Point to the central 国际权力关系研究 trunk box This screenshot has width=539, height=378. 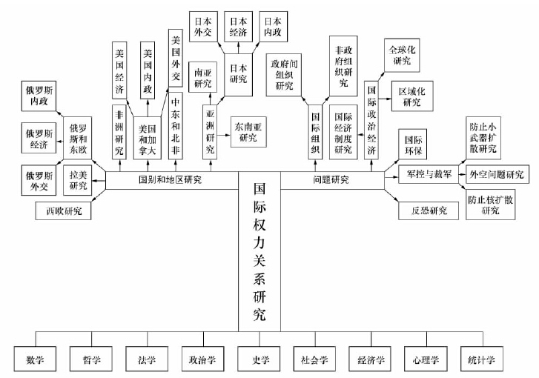pos(259,252)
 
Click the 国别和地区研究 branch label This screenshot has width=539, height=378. pos(170,179)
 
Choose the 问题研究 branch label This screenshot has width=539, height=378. pos(331,179)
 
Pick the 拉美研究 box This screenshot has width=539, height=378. pos(78,179)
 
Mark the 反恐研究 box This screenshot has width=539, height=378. pos(423,210)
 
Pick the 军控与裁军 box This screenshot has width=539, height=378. pos(425,175)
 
